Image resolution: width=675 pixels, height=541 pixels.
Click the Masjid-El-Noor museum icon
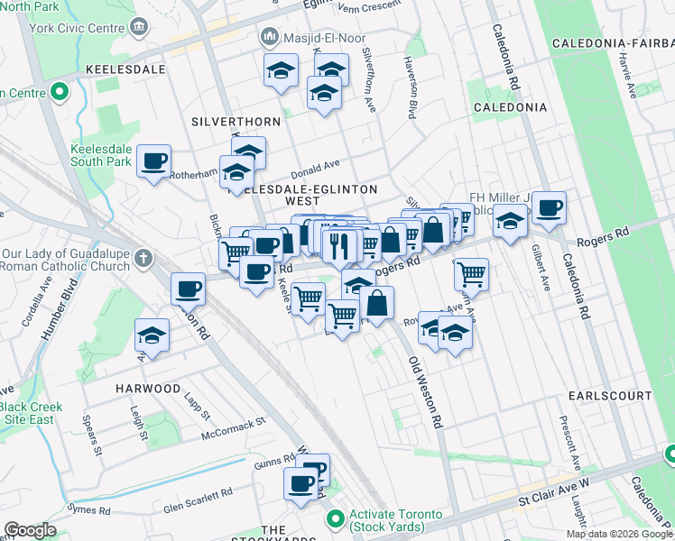click(x=268, y=38)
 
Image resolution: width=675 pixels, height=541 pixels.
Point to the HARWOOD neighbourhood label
click(x=148, y=388)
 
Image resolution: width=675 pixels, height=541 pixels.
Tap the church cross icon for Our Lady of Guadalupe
click(x=142, y=260)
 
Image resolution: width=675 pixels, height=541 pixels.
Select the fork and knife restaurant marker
click(x=339, y=245)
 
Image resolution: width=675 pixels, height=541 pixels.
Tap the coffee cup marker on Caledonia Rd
click(x=549, y=207)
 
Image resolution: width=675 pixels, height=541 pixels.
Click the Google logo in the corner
click(x=30, y=530)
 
